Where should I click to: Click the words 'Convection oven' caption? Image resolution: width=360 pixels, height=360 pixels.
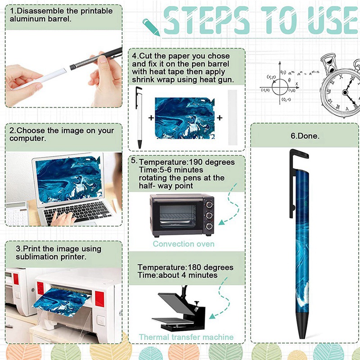tap(184, 244)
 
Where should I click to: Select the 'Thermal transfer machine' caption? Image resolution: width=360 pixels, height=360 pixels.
tap(186, 337)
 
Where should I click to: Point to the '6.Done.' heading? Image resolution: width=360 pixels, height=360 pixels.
tap(305, 136)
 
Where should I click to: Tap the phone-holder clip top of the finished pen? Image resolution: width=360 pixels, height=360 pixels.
tap(298, 154)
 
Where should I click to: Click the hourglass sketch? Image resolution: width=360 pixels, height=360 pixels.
tap(329, 63)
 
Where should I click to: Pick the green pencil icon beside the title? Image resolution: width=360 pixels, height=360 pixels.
tap(151, 27)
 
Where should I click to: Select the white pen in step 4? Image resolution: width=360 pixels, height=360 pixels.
tap(139, 117)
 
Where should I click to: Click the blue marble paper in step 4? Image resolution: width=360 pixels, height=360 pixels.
tap(185, 118)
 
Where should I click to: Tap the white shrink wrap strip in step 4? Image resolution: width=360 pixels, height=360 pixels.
tap(232, 117)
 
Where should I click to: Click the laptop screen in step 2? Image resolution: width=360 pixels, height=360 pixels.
tap(69, 179)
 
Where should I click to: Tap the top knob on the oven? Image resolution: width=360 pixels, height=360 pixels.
tap(209, 204)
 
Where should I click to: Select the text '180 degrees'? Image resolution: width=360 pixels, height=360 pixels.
tap(211, 267)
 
